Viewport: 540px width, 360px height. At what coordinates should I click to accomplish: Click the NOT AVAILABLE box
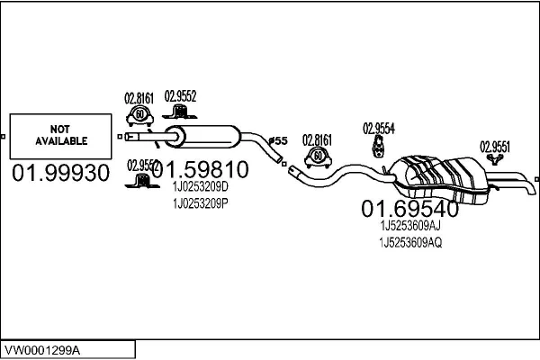click(x=61, y=136)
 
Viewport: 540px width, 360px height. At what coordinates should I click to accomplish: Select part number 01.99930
click(x=59, y=172)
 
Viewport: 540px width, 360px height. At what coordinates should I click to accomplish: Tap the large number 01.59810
click(x=204, y=168)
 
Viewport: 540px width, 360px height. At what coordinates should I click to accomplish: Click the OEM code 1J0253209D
click(x=200, y=186)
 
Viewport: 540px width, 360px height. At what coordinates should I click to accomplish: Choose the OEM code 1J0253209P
click(x=200, y=202)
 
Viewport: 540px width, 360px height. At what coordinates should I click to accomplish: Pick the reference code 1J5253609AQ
click(x=410, y=243)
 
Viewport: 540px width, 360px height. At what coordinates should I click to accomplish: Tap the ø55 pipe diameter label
click(x=278, y=140)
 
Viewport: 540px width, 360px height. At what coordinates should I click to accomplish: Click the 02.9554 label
click(x=378, y=127)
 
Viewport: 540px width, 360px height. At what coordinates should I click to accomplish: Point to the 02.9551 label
click(x=495, y=145)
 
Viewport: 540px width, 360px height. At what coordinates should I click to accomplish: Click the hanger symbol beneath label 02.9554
click(x=379, y=148)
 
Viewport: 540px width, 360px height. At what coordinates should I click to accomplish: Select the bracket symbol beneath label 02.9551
click(x=494, y=160)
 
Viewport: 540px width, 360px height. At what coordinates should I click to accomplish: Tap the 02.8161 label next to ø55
click(x=317, y=139)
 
